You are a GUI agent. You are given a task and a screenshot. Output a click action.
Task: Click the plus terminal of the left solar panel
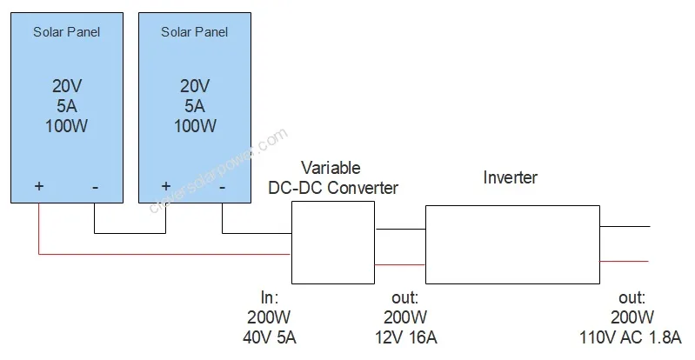[38, 187]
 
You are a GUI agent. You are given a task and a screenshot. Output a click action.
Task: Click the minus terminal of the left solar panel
[95, 187]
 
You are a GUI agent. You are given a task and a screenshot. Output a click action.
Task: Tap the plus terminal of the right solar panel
[166, 187]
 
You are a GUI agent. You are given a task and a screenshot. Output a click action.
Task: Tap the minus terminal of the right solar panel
[223, 187]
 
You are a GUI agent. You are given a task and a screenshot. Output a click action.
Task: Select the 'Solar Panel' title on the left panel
[66, 33]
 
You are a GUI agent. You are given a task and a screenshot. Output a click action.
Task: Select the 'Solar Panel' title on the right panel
[194, 33]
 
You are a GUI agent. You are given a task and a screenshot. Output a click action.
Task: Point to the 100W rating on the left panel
[66, 126]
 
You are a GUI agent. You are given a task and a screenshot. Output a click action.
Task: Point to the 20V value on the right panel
[194, 86]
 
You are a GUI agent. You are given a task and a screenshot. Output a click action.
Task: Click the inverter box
[511, 244]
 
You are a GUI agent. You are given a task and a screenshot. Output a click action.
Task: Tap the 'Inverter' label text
[510, 178]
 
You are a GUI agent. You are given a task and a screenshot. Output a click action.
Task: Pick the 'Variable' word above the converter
[330, 167]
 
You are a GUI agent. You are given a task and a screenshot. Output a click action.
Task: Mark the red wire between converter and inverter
[399, 264]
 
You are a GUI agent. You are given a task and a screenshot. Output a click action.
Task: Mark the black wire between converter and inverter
[399, 230]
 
